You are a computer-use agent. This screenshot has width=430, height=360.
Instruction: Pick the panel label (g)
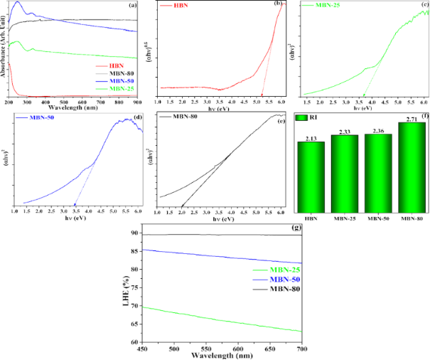click(294, 228)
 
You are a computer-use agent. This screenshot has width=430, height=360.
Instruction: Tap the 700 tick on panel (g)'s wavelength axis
click(301, 349)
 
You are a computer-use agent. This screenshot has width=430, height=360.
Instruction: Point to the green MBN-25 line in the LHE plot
click(213, 317)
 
